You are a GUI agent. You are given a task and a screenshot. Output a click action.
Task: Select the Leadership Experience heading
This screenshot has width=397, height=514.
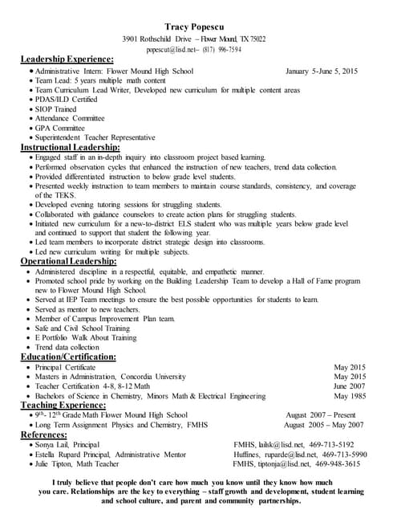[67, 59]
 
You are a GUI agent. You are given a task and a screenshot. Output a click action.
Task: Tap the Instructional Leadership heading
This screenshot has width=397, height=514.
[71, 148]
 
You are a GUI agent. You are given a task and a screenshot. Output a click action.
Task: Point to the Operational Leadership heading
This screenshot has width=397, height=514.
[68, 261]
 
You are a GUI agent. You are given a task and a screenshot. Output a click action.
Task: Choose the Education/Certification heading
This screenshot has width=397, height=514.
[68, 357]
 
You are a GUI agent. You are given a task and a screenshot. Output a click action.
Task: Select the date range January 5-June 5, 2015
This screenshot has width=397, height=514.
[321, 71]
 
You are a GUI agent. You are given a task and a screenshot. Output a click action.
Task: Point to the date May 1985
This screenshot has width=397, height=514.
[349, 396]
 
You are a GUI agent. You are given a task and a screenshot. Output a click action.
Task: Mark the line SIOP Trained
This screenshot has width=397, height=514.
[55, 109]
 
